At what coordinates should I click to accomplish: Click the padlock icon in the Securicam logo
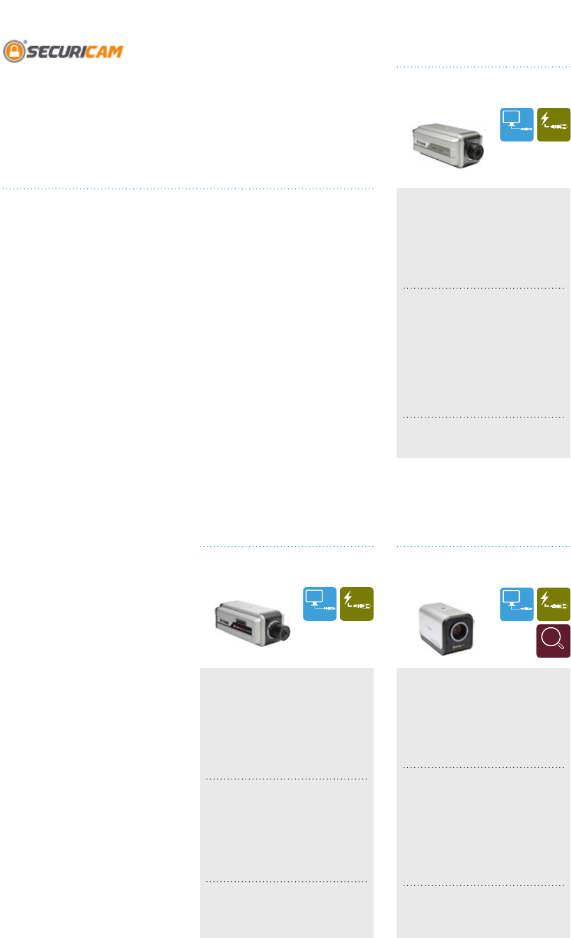point(14,51)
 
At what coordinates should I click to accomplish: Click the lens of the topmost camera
point(474,152)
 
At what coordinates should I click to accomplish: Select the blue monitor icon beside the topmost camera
point(517,124)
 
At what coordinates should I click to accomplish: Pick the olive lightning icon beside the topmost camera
point(553,124)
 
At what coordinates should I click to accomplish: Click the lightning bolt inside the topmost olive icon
point(545,119)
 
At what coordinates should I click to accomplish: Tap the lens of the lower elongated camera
point(278,631)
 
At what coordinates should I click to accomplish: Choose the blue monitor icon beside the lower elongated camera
point(320,604)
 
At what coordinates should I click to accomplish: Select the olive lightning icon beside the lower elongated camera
point(357,604)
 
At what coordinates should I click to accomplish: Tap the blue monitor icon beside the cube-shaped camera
point(517,604)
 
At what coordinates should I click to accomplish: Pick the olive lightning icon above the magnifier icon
point(553,604)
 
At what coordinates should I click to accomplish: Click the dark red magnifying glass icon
point(553,641)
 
